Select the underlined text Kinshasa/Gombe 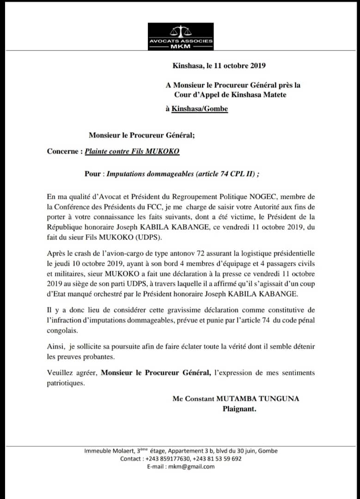[200, 109]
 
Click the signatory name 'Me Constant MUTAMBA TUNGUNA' [236, 399]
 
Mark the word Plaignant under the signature [239, 408]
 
